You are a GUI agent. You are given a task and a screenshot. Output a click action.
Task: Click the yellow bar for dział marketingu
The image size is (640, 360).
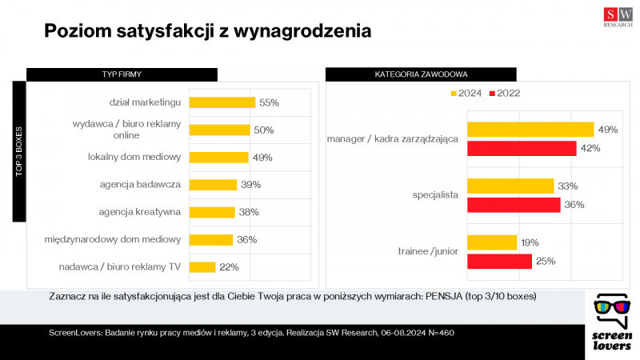(x=222, y=102)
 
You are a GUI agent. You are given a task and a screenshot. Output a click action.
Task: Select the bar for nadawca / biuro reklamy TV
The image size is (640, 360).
(x=202, y=267)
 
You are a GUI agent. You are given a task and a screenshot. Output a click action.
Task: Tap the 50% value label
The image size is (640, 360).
(x=263, y=130)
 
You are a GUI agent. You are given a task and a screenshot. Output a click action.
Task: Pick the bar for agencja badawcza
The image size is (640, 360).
(x=213, y=185)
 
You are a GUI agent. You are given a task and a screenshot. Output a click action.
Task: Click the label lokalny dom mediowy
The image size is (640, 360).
(x=134, y=157)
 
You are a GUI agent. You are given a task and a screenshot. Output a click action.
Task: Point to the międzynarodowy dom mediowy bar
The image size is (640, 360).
(x=210, y=239)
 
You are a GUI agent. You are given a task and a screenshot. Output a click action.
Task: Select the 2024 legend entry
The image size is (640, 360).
(x=466, y=94)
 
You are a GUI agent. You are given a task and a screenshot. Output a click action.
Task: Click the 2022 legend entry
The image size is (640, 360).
(x=504, y=94)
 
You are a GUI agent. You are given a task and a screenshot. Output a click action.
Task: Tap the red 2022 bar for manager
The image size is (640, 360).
(x=522, y=148)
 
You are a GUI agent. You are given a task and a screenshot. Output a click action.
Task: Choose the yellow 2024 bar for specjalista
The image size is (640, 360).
(x=510, y=186)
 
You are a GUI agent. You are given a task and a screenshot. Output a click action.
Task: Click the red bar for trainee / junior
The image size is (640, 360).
(x=499, y=262)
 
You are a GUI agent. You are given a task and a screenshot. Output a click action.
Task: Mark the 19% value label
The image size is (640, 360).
(x=530, y=242)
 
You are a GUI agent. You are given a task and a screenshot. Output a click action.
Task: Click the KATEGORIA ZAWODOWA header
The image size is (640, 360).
(x=421, y=74)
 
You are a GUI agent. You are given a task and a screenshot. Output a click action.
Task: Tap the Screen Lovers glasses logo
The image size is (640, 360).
(x=612, y=308)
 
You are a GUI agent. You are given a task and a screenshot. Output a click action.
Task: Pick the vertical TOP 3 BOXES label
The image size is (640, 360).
(x=19, y=150)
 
